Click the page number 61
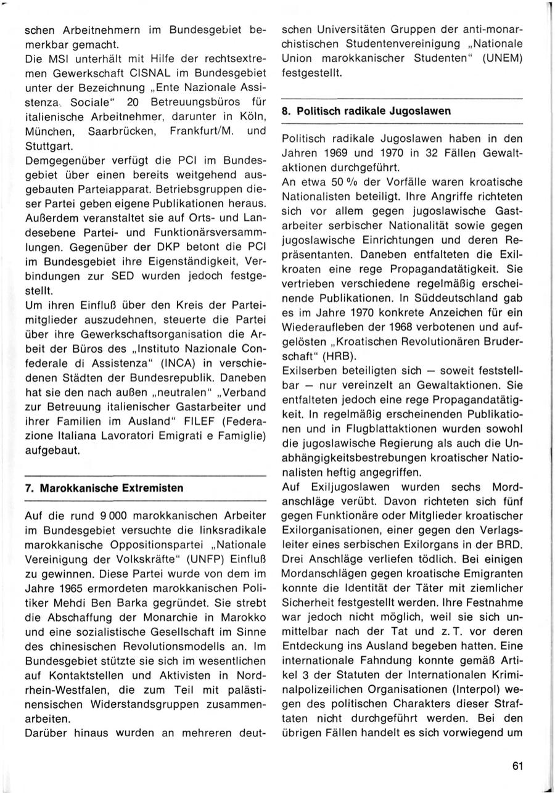coord(517,766)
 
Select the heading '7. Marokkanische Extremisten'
coord(104,488)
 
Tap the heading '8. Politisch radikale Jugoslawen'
coord(374,111)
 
